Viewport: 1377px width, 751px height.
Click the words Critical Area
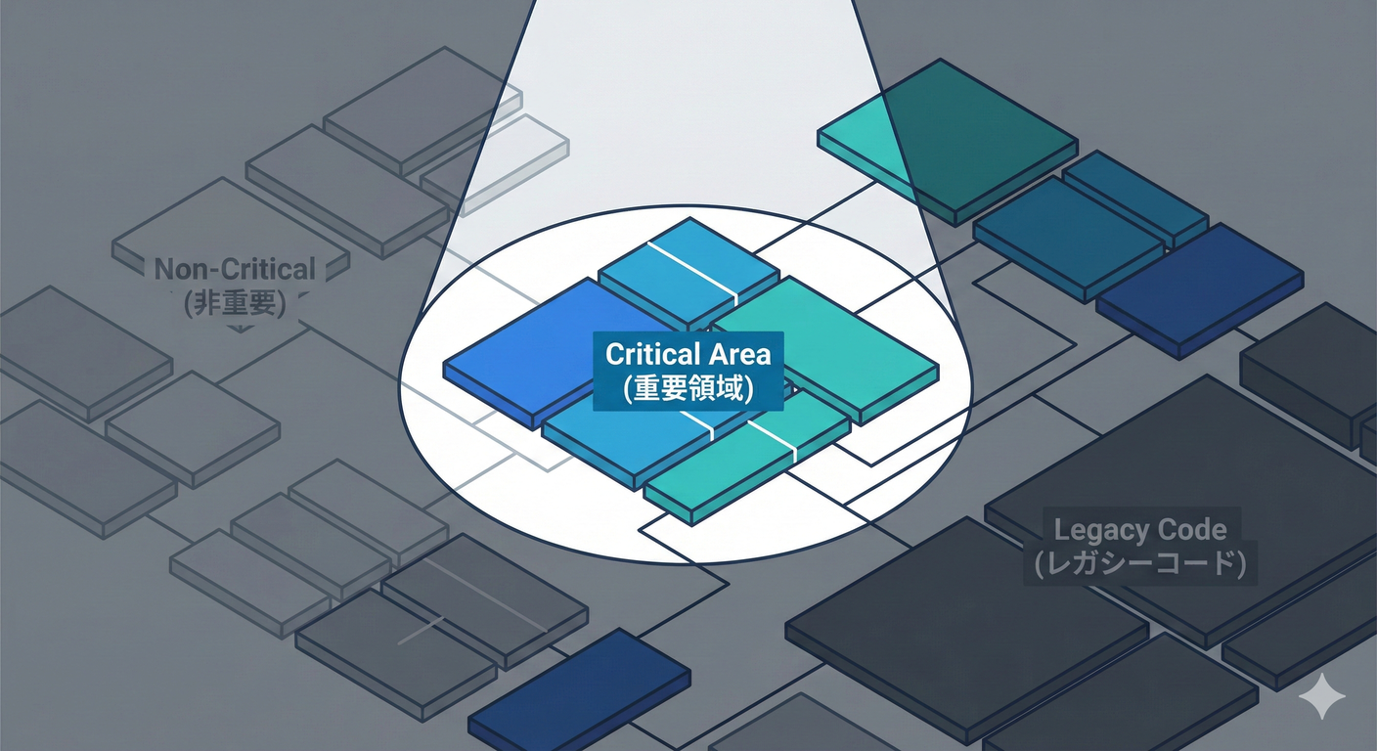point(688,354)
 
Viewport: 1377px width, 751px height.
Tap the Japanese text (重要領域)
point(688,388)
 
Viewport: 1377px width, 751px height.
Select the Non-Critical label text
point(235,270)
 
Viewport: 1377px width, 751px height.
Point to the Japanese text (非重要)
point(235,303)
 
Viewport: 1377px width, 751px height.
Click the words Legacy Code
point(1139,531)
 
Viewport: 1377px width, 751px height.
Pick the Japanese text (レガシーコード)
point(1139,565)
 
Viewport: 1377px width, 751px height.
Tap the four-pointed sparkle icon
point(1321,695)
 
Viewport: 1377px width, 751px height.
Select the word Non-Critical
point(235,270)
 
